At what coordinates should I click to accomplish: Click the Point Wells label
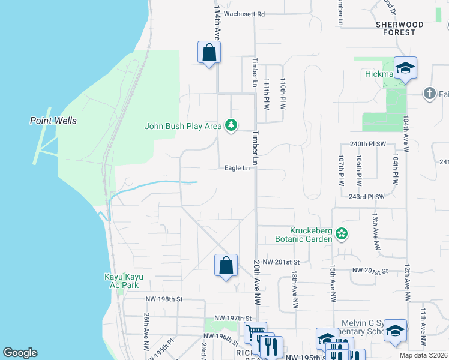coord(53,121)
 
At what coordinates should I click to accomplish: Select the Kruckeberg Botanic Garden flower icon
coord(342,233)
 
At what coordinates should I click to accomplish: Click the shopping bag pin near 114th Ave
coord(209,53)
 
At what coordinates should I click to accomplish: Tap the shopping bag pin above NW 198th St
coord(226,265)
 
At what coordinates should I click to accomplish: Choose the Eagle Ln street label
coord(237,169)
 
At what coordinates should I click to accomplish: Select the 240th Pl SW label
coord(367,145)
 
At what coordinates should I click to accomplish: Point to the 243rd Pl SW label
coord(366,196)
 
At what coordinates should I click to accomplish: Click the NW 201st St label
coord(281,262)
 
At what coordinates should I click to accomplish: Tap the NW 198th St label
coord(163,299)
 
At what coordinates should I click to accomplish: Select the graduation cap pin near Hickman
coord(405,68)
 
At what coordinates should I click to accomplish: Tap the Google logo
coord(20,353)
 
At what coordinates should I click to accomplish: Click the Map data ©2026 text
coord(424,355)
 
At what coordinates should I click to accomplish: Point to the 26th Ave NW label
coord(146,331)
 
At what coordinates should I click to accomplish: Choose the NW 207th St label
coord(371,272)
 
